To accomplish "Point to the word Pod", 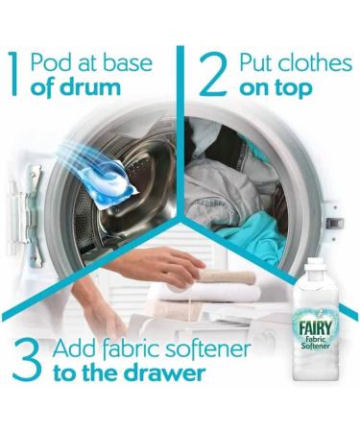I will point(50,62).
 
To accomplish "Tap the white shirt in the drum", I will point(230,182).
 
